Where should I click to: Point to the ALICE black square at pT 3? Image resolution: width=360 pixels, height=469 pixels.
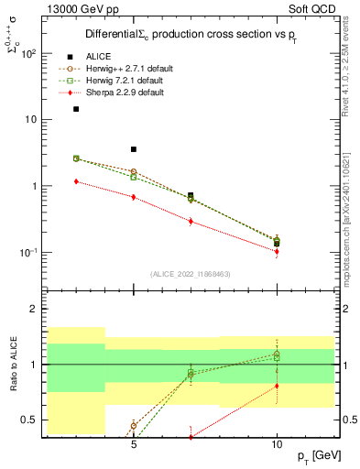tap(76, 109)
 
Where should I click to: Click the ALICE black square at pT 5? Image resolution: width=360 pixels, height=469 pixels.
tap(134, 149)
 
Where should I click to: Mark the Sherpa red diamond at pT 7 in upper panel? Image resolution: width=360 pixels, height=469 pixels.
tap(191, 221)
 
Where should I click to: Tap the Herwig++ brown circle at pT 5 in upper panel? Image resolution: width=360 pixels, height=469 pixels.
tap(134, 171)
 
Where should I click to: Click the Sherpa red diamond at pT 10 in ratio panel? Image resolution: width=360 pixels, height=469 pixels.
tap(277, 386)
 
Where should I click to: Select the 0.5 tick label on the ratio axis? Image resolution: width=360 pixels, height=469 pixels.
tap(27, 420)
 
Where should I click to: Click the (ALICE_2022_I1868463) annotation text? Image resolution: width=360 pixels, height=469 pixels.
tap(190, 274)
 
